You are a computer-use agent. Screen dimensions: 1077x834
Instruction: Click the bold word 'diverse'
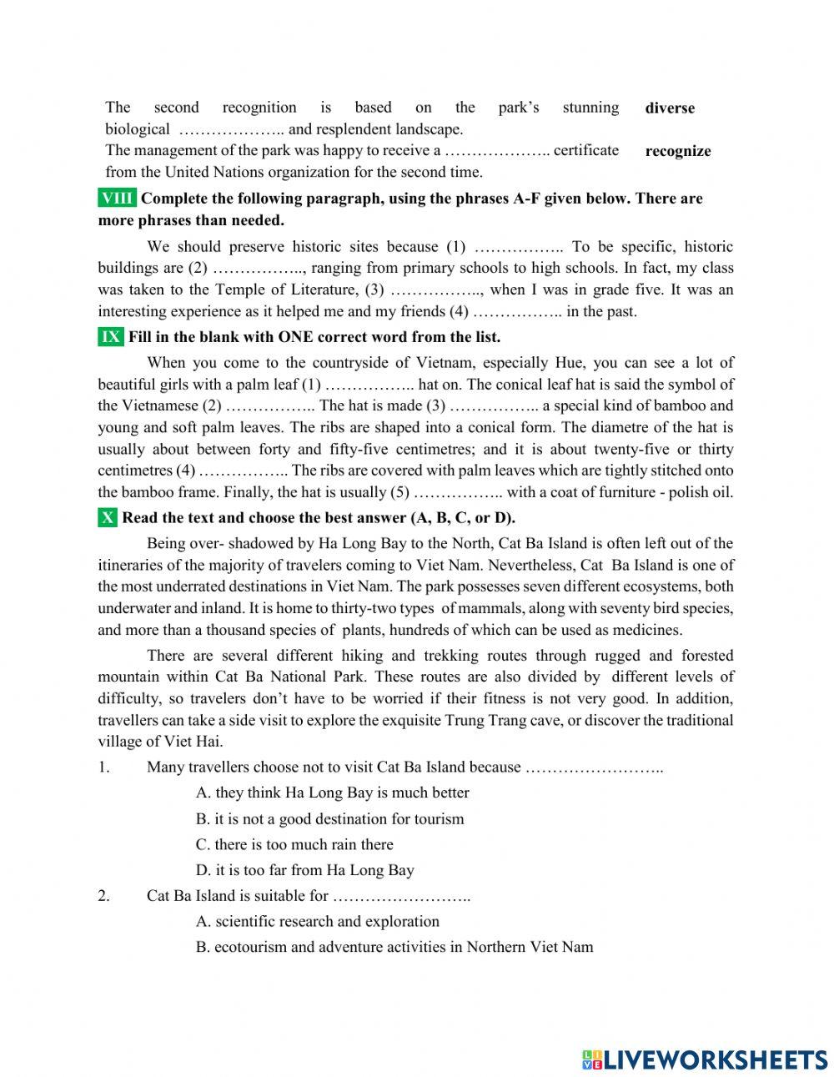click(x=669, y=108)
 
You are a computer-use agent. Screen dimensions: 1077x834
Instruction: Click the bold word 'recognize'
click(x=677, y=152)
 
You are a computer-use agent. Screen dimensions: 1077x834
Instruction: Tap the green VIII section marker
click(x=117, y=199)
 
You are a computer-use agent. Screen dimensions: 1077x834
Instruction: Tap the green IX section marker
click(x=111, y=337)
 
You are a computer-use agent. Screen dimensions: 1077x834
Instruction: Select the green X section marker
click(x=108, y=517)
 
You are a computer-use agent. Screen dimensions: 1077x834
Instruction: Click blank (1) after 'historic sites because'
click(x=518, y=247)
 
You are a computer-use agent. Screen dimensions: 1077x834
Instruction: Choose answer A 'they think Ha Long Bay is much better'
click(x=332, y=793)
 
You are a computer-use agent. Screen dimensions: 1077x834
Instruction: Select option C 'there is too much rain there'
click(x=294, y=844)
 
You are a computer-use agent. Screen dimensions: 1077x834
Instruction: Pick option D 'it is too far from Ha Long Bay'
click(x=304, y=870)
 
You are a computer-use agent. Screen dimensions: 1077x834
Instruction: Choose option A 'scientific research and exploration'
click(x=317, y=922)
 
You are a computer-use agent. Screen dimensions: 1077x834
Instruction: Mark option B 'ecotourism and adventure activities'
click(x=394, y=947)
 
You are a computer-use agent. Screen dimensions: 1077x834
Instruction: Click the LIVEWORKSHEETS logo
click(x=704, y=1059)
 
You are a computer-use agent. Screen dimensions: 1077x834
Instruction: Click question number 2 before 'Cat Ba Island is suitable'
click(x=103, y=896)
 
